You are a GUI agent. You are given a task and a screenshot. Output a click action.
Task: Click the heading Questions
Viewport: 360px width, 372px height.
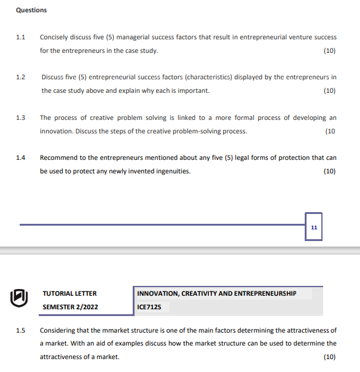[31, 10]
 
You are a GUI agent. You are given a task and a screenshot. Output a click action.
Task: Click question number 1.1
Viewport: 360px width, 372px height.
[20, 38]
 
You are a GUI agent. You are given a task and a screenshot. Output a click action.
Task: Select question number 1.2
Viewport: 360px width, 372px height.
[20, 77]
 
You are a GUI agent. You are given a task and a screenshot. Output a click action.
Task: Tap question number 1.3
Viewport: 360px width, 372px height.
[20, 117]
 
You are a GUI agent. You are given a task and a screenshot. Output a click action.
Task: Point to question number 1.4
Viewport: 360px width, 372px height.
[20, 157]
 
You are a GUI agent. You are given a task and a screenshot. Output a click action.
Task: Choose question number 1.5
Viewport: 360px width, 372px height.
[20, 330]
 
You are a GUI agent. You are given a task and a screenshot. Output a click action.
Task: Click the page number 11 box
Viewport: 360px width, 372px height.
[314, 227]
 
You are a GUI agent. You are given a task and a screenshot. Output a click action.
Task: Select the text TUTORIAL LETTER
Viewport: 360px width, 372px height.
[69, 293]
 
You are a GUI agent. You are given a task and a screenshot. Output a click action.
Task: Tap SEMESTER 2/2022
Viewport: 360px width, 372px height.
[69, 306]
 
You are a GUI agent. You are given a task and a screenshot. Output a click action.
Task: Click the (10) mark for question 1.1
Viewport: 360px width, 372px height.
[329, 50]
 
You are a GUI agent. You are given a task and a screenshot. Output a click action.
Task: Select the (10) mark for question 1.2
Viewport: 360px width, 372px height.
[329, 91]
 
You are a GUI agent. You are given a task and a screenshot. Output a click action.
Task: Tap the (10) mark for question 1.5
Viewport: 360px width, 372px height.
[329, 357]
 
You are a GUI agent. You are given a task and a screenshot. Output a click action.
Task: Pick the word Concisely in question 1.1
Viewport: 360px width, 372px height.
[54, 38]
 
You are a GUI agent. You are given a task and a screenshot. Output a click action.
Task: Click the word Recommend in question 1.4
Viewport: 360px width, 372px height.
[59, 157]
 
